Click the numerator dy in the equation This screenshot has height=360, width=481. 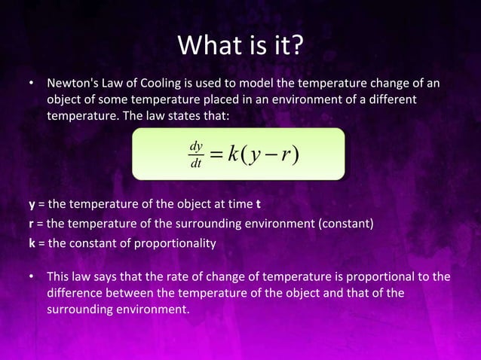[197, 145]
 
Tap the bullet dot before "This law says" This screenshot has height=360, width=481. [32, 276]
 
